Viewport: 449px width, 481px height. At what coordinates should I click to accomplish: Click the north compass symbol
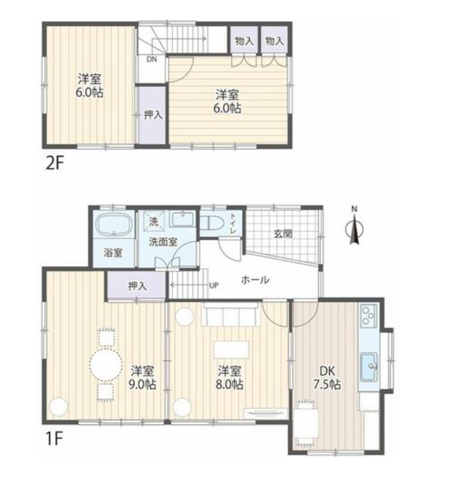(x=354, y=228)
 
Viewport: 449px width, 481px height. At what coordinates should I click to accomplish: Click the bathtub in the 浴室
(x=114, y=225)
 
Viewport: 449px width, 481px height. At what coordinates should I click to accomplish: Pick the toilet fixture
(x=212, y=222)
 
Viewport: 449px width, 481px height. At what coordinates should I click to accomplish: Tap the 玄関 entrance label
(x=282, y=233)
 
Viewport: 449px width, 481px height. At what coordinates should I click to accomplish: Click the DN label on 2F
(x=151, y=59)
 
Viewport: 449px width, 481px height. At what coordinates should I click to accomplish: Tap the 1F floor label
(x=55, y=440)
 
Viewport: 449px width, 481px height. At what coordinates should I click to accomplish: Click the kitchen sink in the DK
(x=369, y=362)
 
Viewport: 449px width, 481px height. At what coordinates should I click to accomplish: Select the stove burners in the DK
(x=368, y=316)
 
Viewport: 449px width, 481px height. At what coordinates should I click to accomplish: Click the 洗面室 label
(x=163, y=241)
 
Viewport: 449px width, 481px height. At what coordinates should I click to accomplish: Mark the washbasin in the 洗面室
(x=182, y=219)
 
